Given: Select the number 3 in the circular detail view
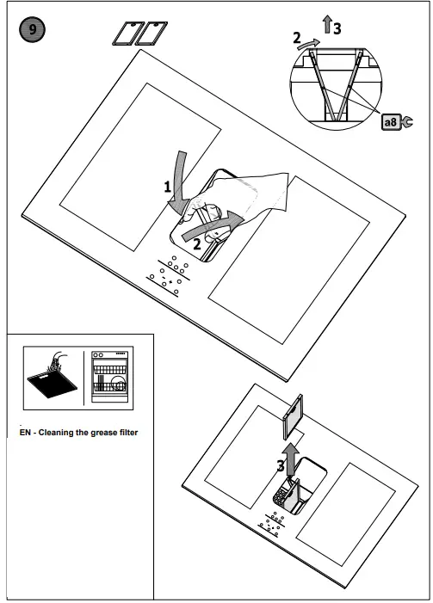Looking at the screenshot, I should point(337,28).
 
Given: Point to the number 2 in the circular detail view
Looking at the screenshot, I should point(298,39).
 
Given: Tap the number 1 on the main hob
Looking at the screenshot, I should point(169,187).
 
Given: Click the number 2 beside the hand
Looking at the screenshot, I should point(197,243).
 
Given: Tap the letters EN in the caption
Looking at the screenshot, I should point(24,432).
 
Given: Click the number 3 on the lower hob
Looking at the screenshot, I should point(280,465).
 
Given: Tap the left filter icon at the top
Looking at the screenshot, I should point(127,34).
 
